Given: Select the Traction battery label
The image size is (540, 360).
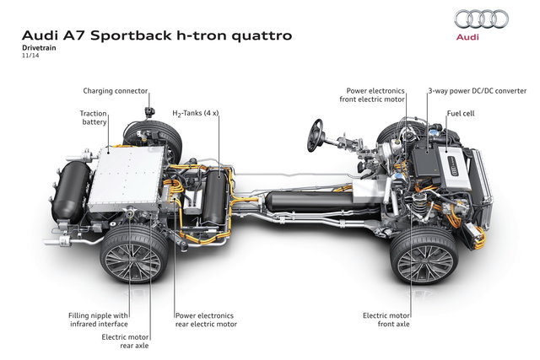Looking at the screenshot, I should [x=93, y=118].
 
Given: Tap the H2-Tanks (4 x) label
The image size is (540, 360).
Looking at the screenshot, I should [x=196, y=113].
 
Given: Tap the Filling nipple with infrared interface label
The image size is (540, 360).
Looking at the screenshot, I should [x=98, y=320].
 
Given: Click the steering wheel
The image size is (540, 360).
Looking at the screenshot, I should [x=317, y=130].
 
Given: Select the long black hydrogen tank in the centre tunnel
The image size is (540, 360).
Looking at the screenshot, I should [x=300, y=203].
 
